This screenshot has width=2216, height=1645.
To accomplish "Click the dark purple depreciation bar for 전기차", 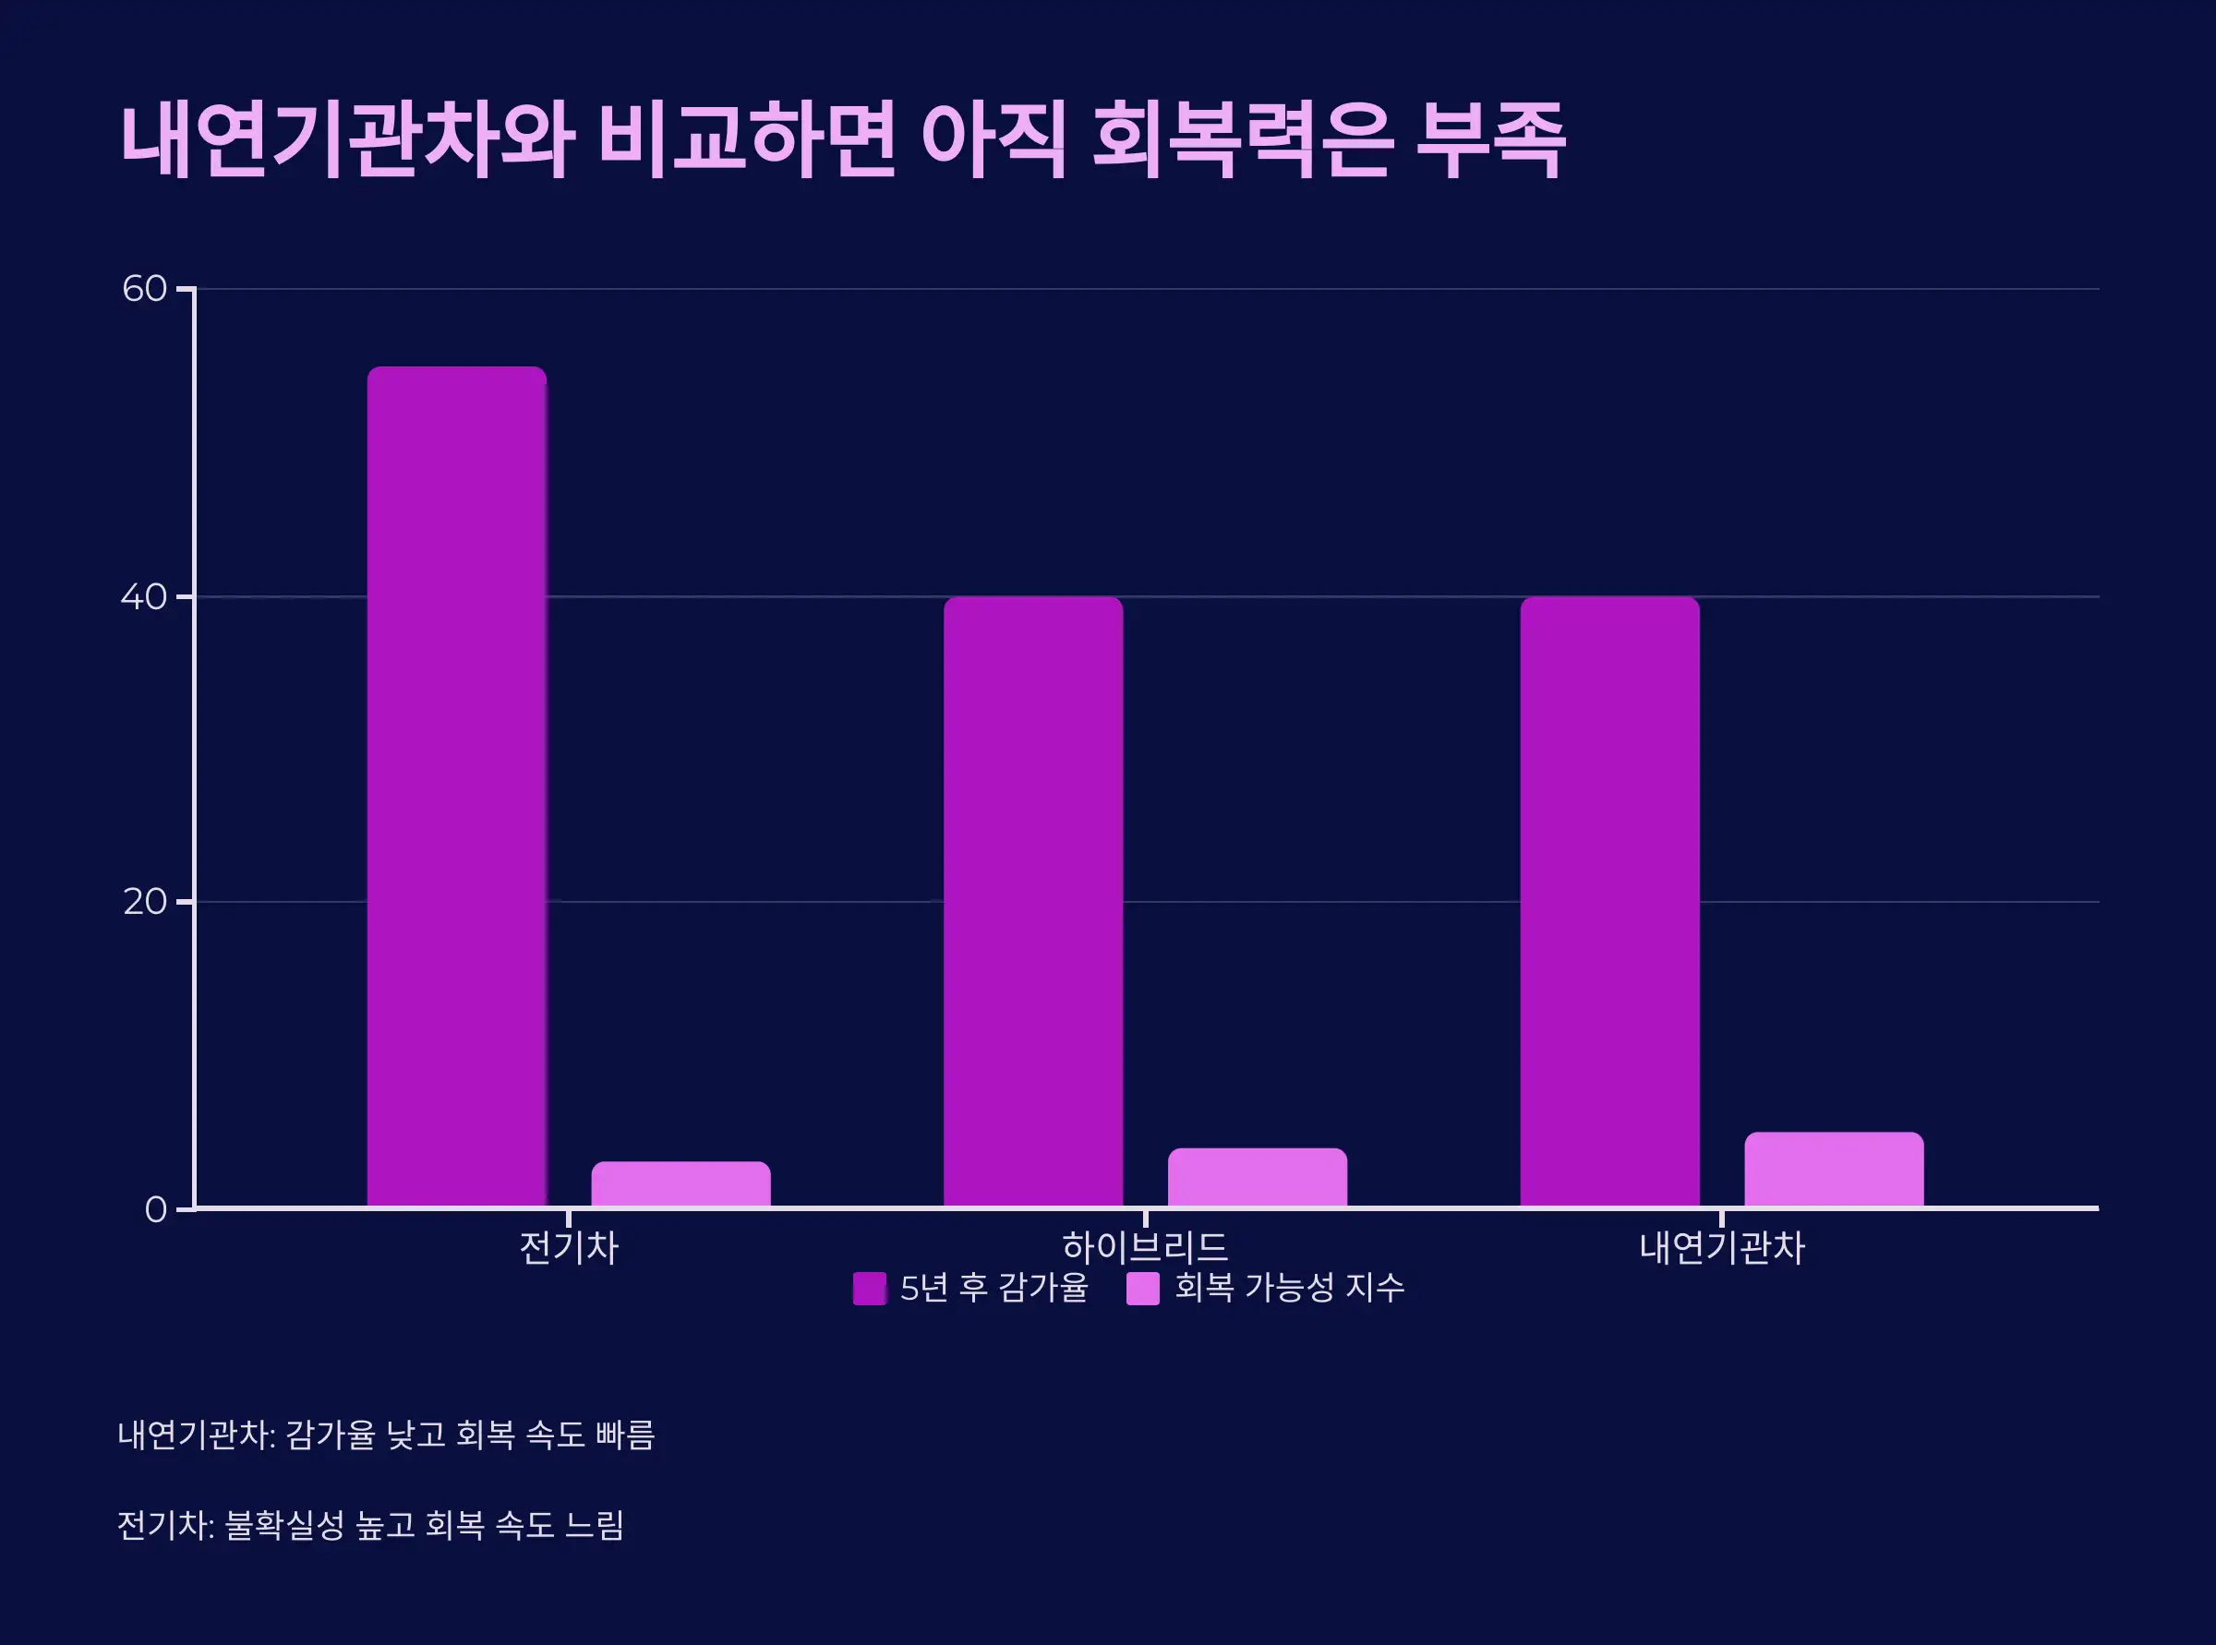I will point(456,786).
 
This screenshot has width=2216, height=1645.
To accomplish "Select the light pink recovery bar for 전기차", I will point(680,1184).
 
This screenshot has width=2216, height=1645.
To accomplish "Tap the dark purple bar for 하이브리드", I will point(1033,901).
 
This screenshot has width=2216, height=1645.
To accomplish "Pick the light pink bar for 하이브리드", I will point(1257,1177).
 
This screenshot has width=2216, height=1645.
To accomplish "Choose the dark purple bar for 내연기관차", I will point(1609,901).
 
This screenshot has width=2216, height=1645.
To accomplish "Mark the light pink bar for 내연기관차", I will point(1834,1169).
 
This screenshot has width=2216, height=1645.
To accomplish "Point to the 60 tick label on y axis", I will point(144,289).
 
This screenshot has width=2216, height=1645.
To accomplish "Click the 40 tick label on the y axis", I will point(144,596).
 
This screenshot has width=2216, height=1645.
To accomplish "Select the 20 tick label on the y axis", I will point(144,902).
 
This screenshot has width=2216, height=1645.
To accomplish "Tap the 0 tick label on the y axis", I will point(155,1210).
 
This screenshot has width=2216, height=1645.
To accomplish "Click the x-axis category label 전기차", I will point(569,1248).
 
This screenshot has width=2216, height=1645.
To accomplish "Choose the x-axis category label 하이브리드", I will point(1144,1248).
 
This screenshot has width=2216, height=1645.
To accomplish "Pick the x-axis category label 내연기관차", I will point(1721,1248).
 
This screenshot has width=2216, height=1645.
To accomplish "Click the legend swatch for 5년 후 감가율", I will point(870,1289).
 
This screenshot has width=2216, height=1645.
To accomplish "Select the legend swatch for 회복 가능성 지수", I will point(1142,1289).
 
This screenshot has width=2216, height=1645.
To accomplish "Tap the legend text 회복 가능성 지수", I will point(1289,1288).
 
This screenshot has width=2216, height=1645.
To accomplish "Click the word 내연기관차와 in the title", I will point(346,141).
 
